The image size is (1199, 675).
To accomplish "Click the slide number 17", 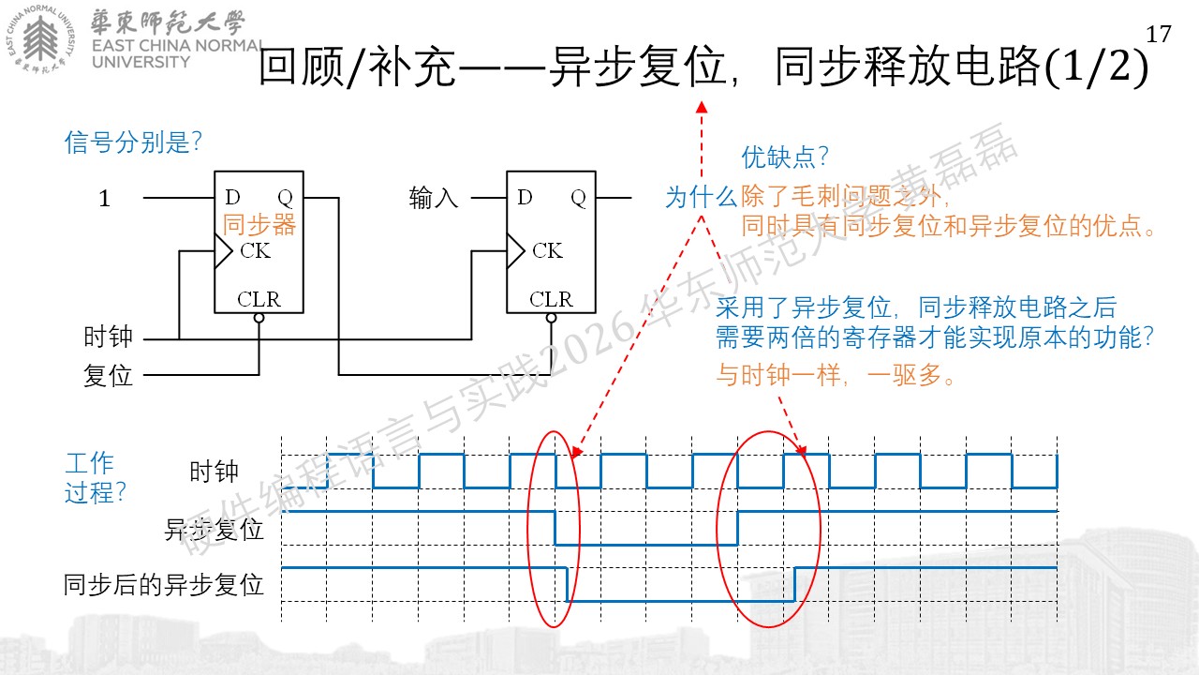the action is click(x=1159, y=35).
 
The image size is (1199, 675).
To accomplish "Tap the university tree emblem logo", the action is click(x=40, y=38).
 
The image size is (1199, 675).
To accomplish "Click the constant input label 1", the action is click(x=104, y=198).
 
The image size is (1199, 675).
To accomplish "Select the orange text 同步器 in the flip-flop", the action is click(x=259, y=224).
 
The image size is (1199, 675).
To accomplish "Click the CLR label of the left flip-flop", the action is click(x=259, y=299).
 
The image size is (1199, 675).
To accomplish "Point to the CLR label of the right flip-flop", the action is click(x=551, y=299).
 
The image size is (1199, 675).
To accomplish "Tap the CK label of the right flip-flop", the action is click(x=547, y=250).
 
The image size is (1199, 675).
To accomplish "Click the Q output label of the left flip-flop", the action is click(x=286, y=198).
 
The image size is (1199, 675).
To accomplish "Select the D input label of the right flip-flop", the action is click(x=525, y=197).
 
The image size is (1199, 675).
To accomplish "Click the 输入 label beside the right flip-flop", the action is click(x=434, y=198).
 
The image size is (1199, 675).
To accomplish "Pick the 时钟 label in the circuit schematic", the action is click(x=108, y=337).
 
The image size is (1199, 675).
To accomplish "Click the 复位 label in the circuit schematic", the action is click(x=108, y=375).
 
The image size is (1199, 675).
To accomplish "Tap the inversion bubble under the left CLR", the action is click(x=259, y=318).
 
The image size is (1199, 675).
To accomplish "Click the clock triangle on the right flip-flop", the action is click(x=515, y=250).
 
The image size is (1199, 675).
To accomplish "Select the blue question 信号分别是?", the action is click(x=133, y=142).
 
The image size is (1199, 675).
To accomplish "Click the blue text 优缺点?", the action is click(x=785, y=157).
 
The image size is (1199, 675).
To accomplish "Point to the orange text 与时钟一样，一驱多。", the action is click(x=835, y=374).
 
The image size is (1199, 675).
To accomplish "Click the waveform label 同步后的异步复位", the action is click(x=163, y=584).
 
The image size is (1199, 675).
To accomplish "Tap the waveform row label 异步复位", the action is click(x=215, y=530).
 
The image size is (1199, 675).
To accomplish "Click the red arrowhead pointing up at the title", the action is click(x=702, y=107).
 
